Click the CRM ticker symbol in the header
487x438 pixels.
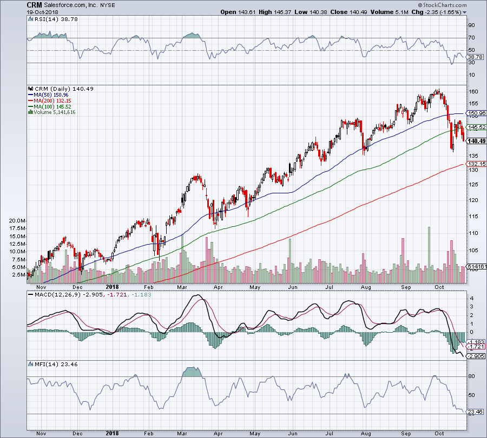[x=34, y=4]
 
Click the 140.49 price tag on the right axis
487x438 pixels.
[x=476, y=141]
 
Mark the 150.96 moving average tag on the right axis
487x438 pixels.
[x=476, y=114]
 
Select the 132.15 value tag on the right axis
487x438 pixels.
[x=476, y=164]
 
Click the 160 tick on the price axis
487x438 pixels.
[x=472, y=91]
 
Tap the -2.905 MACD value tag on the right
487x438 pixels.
[x=475, y=356]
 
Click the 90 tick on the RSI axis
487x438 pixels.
[x=471, y=25]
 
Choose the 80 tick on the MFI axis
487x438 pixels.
[x=471, y=376]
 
